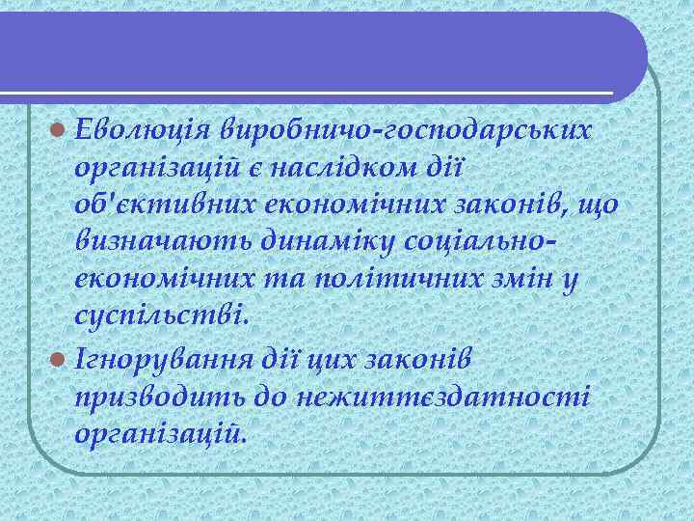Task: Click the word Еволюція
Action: click(x=142, y=126)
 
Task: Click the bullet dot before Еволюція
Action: click(x=61, y=127)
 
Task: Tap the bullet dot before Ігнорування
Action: click(x=61, y=358)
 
